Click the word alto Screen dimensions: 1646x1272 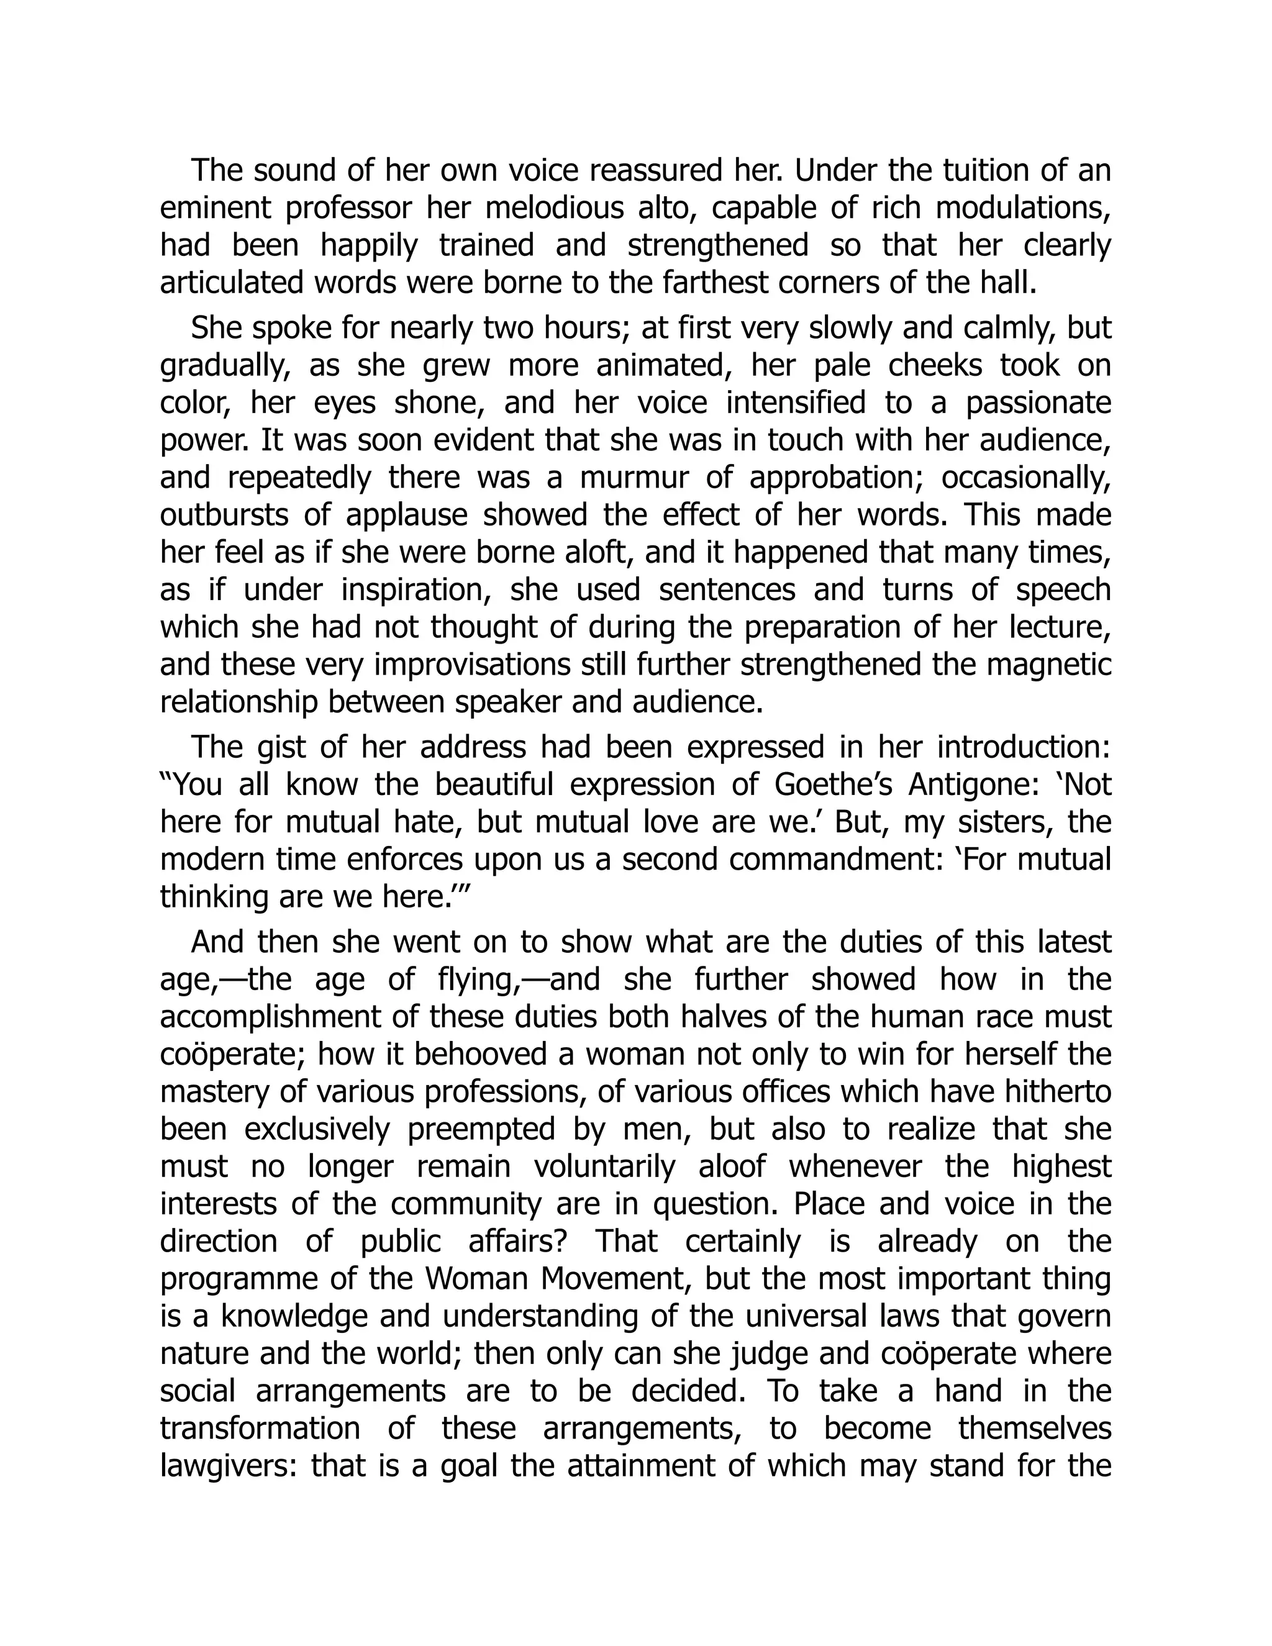click(x=663, y=209)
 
